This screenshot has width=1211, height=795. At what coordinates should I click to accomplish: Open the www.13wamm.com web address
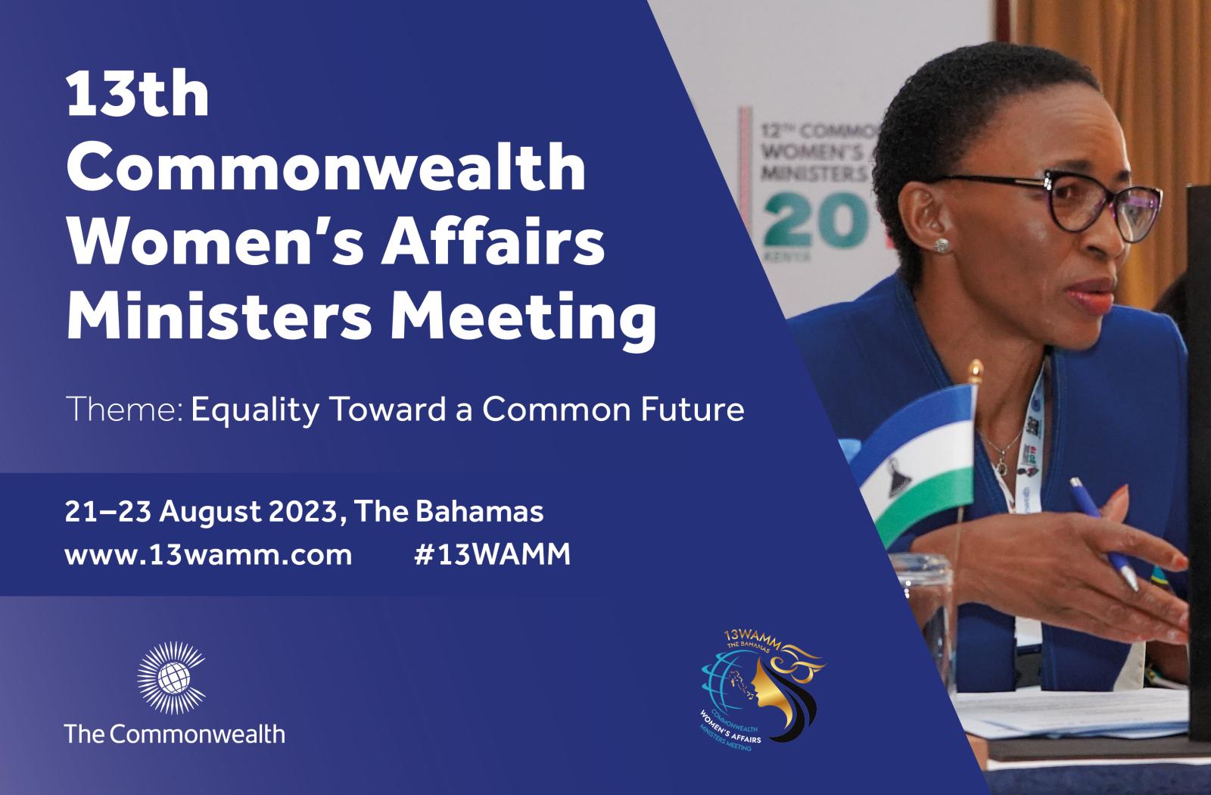click(x=208, y=555)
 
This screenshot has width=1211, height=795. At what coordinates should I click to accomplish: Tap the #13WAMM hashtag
click(x=492, y=555)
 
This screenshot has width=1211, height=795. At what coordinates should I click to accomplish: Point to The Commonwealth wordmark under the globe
click(x=175, y=733)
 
